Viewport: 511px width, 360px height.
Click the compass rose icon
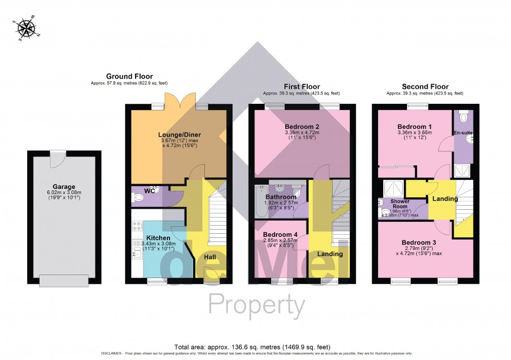pos(25,30)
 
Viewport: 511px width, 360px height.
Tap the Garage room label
pos(64,186)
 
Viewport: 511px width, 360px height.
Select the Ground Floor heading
pos(129,77)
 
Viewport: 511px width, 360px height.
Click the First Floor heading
pos(301,87)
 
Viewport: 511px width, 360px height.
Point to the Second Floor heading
pos(425,87)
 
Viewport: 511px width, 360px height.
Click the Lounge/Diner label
pos(179,135)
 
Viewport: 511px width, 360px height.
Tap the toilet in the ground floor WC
pos(139,198)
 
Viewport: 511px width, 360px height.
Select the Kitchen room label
pos(159,238)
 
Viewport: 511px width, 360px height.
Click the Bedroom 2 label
pos(302,127)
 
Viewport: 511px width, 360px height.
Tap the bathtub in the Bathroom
pos(260,201)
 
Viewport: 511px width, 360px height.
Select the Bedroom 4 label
pos(280,235)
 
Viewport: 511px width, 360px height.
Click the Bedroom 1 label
pos(415,127)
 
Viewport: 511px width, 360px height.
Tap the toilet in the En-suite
pos(464,117)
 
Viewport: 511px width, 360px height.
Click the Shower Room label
pos(400,204)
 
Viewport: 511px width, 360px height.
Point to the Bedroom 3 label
pos(419,243)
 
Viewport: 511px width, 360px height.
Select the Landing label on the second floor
pos(444,199)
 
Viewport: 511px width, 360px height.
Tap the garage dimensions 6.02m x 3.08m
pos(64,192)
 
